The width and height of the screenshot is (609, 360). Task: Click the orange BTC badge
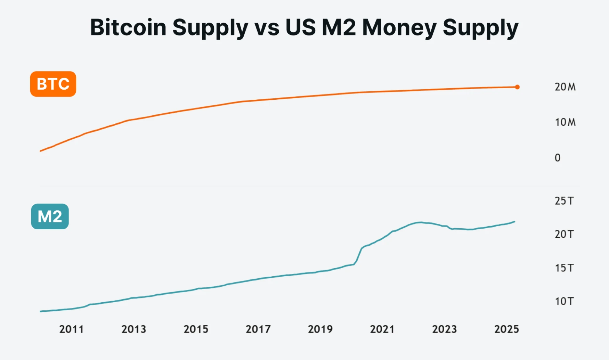pos(53,84)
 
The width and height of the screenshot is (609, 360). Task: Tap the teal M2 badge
pos(50,216)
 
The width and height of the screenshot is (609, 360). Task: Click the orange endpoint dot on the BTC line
pos(517,87)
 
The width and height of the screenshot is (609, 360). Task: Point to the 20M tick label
pos(565,87)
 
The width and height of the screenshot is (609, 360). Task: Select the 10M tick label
pos(565,122)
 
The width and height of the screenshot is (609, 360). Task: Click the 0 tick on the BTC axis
pos(558,158)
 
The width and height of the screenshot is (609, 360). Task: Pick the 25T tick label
pos(564,201)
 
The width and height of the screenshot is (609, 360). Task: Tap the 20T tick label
pos(564,234)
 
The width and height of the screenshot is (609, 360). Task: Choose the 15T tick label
pos(564,268)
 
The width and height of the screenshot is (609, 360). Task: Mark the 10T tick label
pos(564,301)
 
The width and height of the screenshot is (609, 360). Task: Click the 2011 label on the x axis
pos(71,329)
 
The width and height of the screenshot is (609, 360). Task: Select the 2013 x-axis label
pos(133,329)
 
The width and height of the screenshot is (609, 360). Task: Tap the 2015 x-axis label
pos(196,329)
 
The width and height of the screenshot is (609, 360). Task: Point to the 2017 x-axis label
pos(258,329)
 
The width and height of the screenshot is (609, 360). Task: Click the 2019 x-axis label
pos(320,329)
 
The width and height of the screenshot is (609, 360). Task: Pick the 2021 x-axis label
pos(382,329)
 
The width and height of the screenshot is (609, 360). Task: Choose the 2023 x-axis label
pos(444,329)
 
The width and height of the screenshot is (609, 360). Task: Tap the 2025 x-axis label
pos(506,329)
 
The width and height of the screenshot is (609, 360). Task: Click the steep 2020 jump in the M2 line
pos(358,256)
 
